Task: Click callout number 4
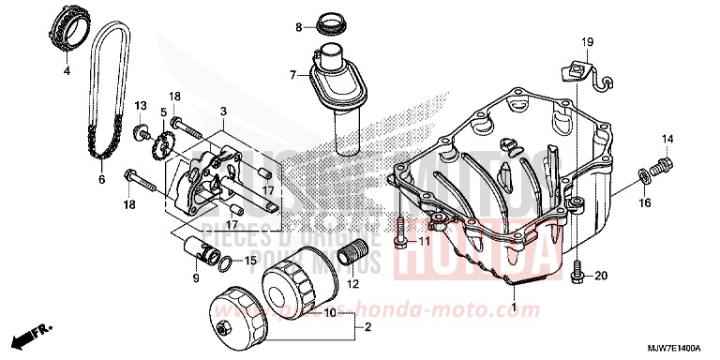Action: (67, 70)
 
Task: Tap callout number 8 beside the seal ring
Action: (299, 27)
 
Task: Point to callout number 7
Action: (292, 74)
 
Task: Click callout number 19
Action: (588, 43)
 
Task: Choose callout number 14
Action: (669, 140)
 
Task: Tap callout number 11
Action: (423, 242)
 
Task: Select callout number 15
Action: (249, 261)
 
